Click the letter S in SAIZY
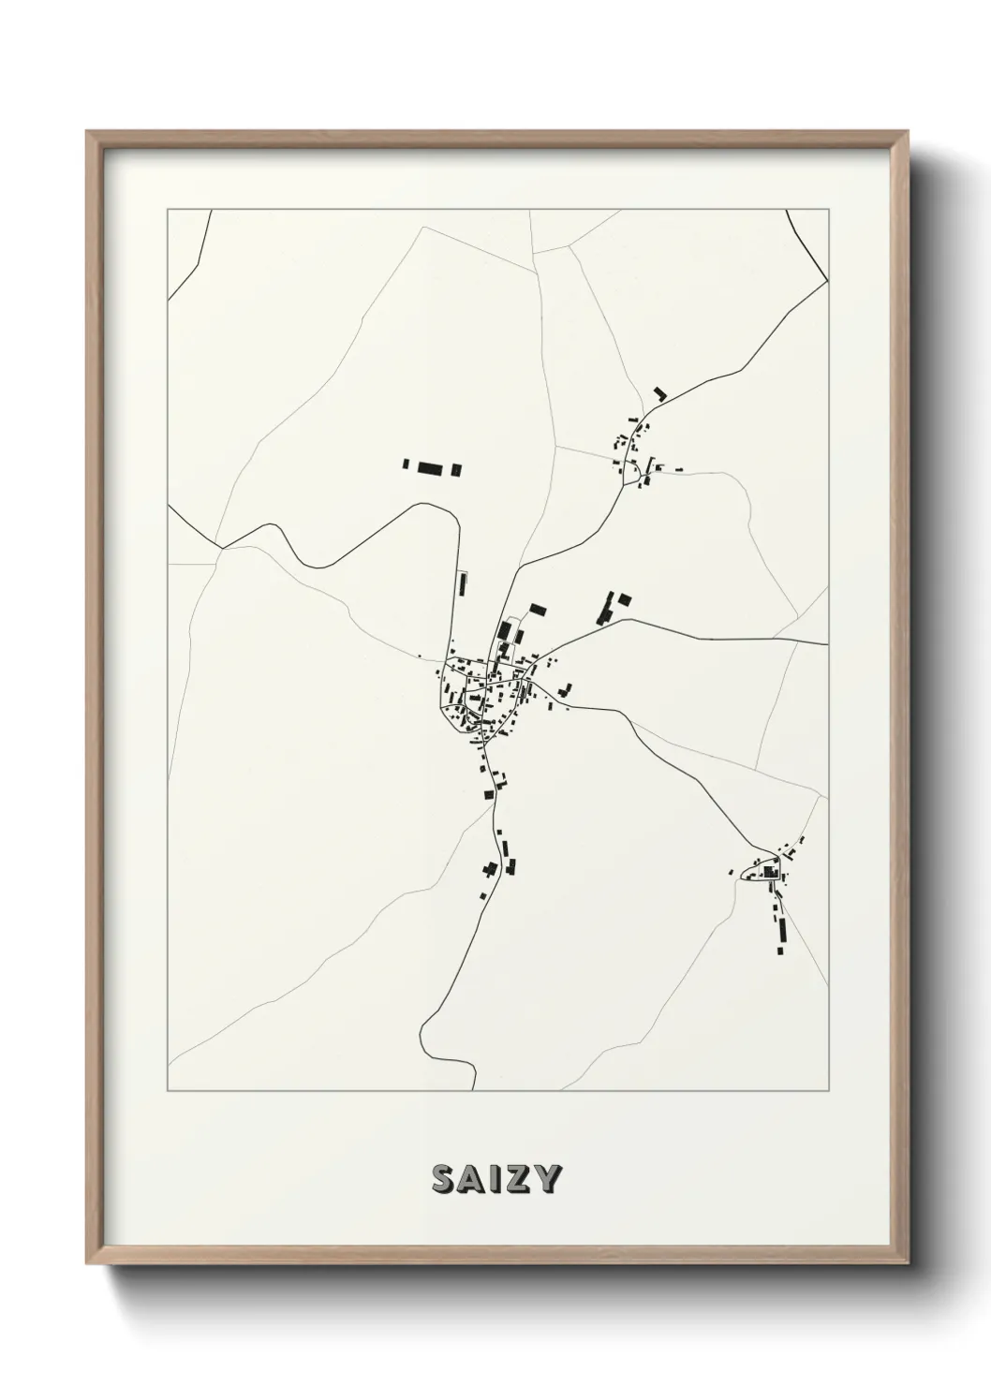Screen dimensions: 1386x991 (x=443, y=1180)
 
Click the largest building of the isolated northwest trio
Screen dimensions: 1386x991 (x=429, y=468)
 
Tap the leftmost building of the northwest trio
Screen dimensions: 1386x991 (x=406, y=464)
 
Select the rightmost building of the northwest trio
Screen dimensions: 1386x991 (x=457, y=470)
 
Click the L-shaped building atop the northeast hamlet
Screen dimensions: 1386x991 (x=659, y=394)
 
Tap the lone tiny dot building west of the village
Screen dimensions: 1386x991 (x=420, y=656)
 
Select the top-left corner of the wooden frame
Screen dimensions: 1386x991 (x=87, y=132)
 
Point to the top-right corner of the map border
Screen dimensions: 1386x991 (x=828, y=210)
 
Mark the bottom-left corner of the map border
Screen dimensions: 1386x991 (x=168, y=1091)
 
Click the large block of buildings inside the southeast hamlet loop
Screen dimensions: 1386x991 (x=771, y=873)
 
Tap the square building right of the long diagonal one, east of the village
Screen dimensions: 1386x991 (x=625, y=599)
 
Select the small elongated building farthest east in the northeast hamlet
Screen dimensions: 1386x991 (x=678, y=466)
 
